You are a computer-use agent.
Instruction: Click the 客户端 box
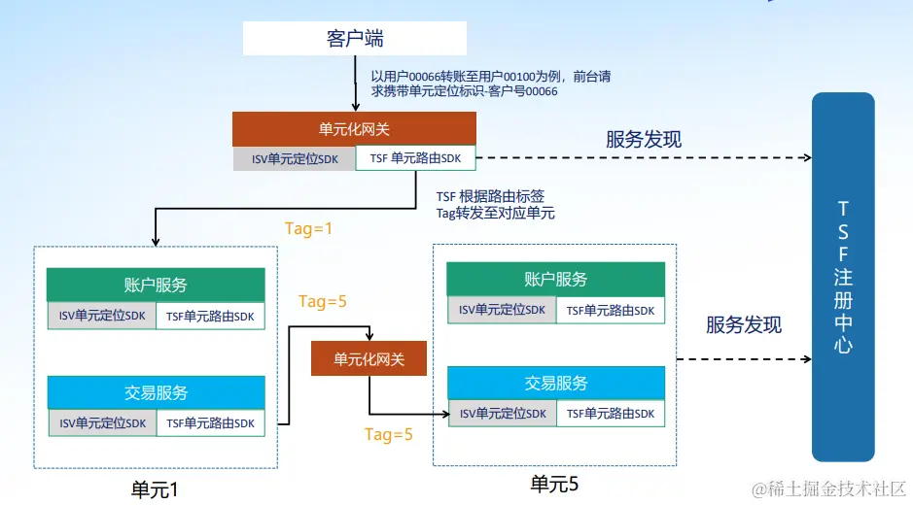coord(354,38)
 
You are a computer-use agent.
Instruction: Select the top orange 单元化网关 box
coord(354,129)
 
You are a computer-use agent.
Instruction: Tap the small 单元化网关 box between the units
coord(369,359)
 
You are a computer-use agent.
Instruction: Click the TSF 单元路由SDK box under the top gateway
coord(416,158)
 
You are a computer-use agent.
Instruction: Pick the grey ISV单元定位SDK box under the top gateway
coord(295,158)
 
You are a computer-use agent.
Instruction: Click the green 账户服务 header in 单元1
coord(156,286)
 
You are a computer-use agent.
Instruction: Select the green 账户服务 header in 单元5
coord(555,280)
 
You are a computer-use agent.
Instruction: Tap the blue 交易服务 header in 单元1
coord(156,392)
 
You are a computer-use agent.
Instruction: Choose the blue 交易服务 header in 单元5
coord(555,383)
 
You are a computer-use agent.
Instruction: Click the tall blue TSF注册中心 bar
coord(843,276)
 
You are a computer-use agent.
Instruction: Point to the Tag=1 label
coord(308,229)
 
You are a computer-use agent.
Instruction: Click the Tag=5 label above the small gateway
coord(323,301)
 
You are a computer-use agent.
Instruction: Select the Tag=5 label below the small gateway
coord(389,434)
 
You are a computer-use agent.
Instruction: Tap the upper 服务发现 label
coord(644,139)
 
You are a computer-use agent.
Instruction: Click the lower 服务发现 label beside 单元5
coord(744,324)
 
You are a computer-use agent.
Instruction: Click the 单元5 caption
coord(555,483)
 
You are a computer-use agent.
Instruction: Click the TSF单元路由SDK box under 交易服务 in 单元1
coord(210,422)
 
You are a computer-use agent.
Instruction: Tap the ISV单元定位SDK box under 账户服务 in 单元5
coord(502,310)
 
